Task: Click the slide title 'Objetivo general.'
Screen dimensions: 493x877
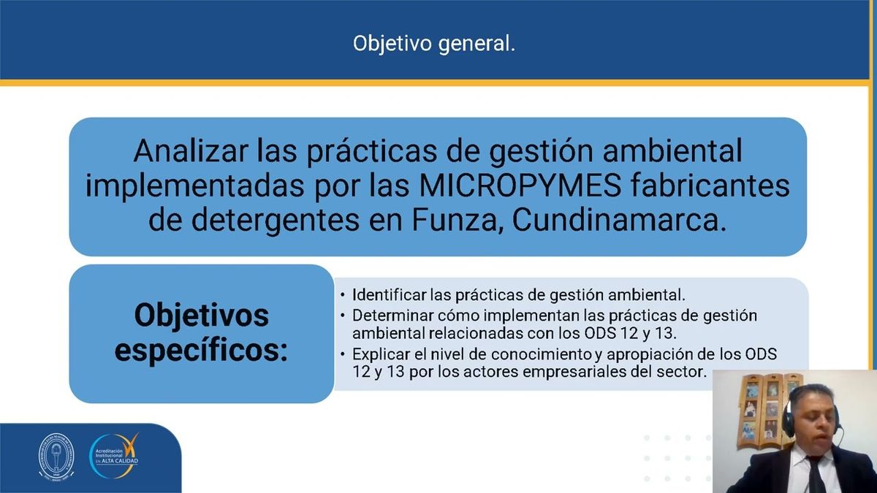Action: click(434, 44)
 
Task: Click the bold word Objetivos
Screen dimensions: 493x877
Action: click(202, 316)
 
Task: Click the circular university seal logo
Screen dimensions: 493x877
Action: click(56, 459)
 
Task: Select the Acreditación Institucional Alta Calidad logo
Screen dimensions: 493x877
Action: click(114, 457)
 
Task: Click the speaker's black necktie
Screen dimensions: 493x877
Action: click(816, 475)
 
